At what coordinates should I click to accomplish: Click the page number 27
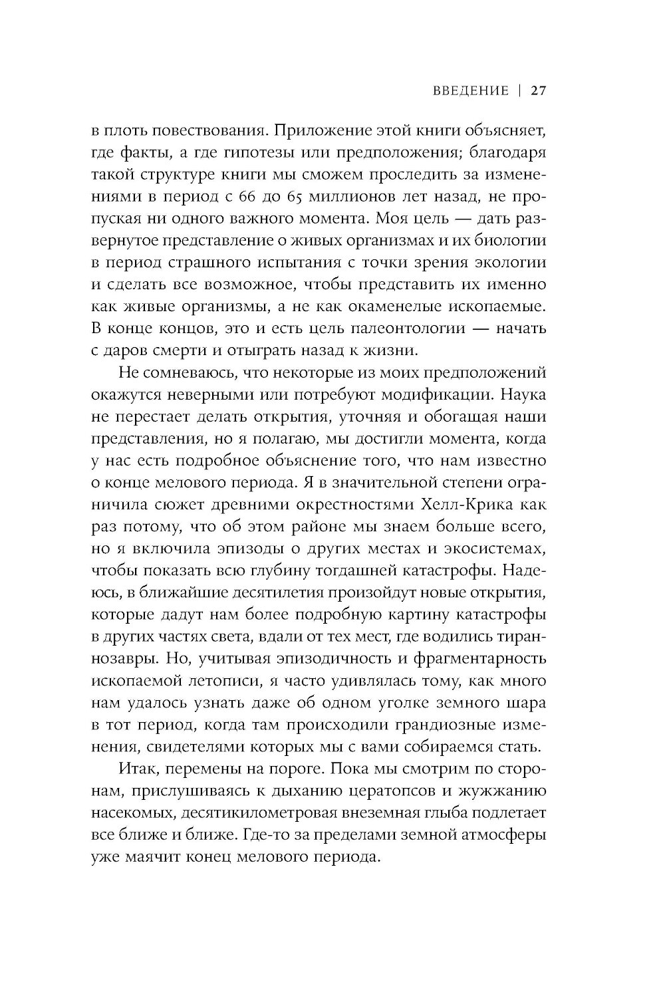(x=538, y=91)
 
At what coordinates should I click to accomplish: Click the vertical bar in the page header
(x=519, y=91)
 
